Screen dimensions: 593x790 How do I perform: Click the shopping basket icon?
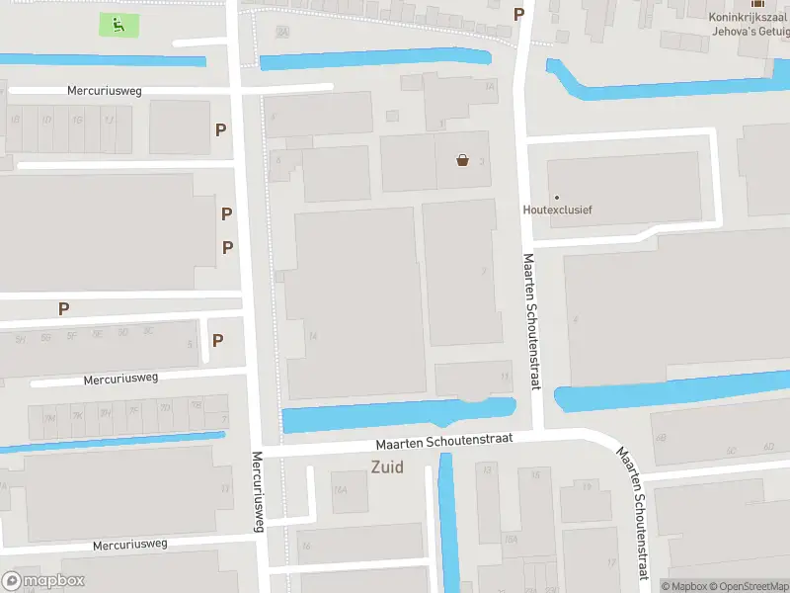tap(462, 160)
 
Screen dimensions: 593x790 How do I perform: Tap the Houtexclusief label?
tap(557, 210)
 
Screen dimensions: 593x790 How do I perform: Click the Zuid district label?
tap(387, 467)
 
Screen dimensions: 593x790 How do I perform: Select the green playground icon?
tap(118, 25)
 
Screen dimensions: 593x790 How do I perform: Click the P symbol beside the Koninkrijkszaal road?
tap(518, 14)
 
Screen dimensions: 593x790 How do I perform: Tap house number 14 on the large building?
tap(313, 336)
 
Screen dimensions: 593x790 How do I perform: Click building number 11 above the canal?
tap(505, 377)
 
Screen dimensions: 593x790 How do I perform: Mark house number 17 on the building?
tap(611, 563)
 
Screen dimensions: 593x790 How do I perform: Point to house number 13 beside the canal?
tap(486, 470)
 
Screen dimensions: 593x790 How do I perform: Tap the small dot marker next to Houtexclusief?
tap(557, 197)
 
